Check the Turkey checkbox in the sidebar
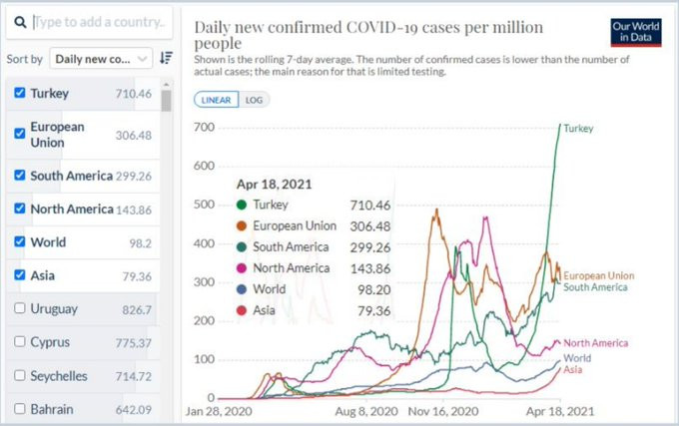(x=20, y=94)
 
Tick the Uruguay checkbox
(x=20, y=308)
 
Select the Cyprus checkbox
(x=20, y=342)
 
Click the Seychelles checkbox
(x=20, y=376)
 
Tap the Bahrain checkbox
(x=20, y=409)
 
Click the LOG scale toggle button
(x=254, y=100)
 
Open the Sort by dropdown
(x=100, y=59)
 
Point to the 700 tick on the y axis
(x=204, y=128)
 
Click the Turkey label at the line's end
(x=578, y=129)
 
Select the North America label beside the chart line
(x=595, y=343)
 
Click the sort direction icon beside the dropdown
(x=167, y=59)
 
